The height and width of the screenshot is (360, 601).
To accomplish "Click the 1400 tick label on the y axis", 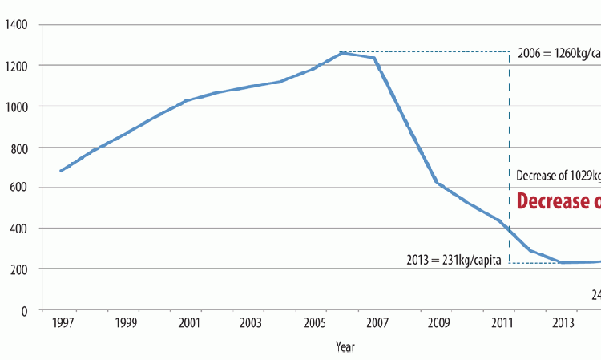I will click(16, 25).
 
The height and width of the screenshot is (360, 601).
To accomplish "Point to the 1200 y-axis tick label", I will click(16, 65).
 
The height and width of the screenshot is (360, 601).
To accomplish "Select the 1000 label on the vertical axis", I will click(16, 106).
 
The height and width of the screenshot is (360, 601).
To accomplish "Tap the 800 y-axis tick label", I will click(18, 148).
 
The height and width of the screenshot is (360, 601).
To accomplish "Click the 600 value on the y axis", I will click(18, 188).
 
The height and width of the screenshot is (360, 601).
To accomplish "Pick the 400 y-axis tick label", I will click(18, 229).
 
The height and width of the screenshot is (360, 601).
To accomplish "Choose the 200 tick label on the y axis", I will click(18, 269).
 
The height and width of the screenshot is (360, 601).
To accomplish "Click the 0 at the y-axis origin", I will click(25, 310).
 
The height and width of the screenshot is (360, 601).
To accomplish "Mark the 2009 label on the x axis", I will click(438, 323).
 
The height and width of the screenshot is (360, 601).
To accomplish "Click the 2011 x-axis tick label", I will click(501, 323).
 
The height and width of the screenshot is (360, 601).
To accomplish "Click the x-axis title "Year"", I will click(345, 347).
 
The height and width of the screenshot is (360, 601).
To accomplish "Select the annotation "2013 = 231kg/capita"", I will click(454, 259).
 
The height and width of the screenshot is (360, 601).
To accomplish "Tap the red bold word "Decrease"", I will click(553, 200).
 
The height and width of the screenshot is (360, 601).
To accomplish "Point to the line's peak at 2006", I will click(342, 53).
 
